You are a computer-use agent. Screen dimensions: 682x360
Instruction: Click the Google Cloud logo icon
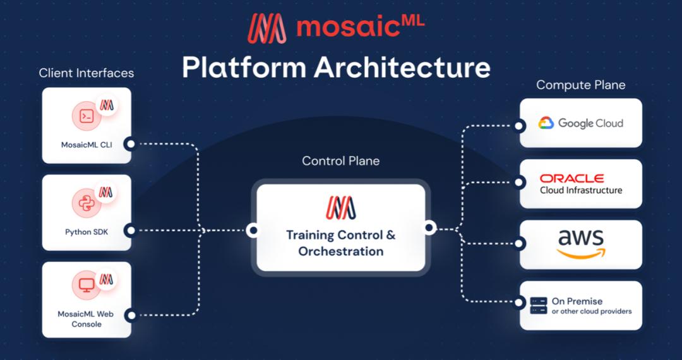pos(546,123)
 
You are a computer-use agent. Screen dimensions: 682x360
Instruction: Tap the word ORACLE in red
pos(571,178)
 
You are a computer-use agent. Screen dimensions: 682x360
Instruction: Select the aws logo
pos(581,244)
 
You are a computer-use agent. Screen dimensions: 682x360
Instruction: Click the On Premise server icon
pos(539,306)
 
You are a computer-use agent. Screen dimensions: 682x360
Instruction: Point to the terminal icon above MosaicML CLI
pos(87,116)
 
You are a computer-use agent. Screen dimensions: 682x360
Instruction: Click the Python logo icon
pos(87,203)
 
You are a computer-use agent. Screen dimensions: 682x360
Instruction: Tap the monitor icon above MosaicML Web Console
pos(87,285)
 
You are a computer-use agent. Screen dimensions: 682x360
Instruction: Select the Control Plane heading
pos(340,161)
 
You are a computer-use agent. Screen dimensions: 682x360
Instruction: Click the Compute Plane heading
pos(581,85)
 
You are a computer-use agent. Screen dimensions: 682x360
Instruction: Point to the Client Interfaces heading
pos(86,73)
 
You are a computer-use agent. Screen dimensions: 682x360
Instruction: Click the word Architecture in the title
pos(402,68)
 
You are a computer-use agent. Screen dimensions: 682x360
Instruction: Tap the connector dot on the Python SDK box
pos(131,231)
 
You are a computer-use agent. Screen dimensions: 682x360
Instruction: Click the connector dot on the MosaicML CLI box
pos(131,144)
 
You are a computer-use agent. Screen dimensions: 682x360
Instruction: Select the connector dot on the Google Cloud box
pos(518,126)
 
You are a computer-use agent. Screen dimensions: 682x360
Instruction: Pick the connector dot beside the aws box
pos(518,244)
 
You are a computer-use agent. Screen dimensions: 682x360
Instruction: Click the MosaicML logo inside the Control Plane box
pos(340,207)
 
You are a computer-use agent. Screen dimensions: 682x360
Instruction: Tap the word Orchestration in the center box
pos(341,251)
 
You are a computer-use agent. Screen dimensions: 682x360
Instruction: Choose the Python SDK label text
pos(87,232)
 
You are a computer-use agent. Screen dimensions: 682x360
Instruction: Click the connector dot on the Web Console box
pos(131,315)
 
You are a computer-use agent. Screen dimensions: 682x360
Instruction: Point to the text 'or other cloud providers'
pos(592,311)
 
